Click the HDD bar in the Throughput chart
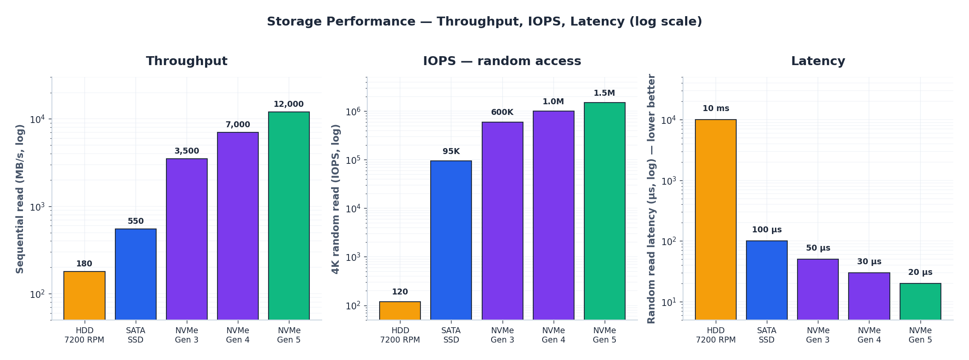coord(84,295)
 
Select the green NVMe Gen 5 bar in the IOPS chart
coord(604,211)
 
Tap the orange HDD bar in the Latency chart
coord(715,219)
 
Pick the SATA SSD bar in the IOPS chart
coord(451,240)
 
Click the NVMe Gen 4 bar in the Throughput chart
coord(237,226)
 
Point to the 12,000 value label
coord(289,104)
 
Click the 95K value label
coord(451,151)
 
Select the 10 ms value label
coord(715,109)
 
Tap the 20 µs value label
coord(920,272)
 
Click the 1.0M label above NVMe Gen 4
coord(553,102)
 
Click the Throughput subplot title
coord(186,61)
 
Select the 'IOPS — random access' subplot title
coord(502,61)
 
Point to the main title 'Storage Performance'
coord(484,22)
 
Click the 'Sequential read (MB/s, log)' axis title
coord(20,199)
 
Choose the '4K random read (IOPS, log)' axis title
coord(336,199)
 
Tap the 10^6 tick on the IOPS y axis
coord(353,111)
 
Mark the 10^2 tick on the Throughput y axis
coord(37,294)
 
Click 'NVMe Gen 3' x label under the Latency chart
coord(818,335)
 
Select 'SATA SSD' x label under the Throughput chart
coord(135,335)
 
